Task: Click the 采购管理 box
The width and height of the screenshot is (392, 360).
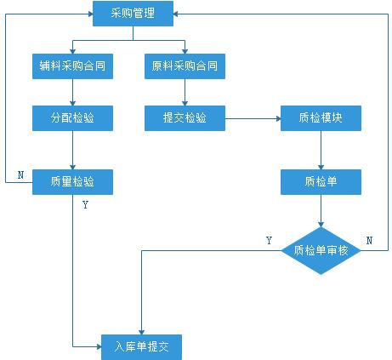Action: pyautogui.click(x=133, y=14)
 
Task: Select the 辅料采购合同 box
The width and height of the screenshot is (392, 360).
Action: pyautogui.click(x=72, y=66)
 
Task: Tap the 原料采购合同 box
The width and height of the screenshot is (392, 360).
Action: pyautogui.click(x=185, y=66)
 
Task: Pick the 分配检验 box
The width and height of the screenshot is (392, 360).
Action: pyautogui.click(x=72, y=118)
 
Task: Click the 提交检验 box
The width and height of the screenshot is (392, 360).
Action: pyautogui.click(x=185, y=118)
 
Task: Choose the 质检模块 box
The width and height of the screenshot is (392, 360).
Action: pyautogui.click(x=321, y=118)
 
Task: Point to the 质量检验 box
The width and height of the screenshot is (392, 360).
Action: pyautogui.click(x=72, y=182)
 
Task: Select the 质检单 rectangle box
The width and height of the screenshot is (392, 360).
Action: pyautogui.click(x=321, y=182)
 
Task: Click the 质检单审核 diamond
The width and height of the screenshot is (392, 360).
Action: pyautogui.click(x=321, y=251)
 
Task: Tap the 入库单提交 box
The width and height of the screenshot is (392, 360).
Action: pyautogui.click(x=141, y=347)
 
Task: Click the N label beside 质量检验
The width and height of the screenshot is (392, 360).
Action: pyautogui.click(x=20, y=175)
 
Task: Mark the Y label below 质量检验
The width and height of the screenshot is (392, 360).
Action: pyautogui.click(x=86, y=204)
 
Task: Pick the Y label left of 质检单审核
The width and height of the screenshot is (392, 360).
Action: pyautogui.click(x=269, y=241)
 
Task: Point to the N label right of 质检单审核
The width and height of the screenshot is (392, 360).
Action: pyautogui.click(x=369, y=241)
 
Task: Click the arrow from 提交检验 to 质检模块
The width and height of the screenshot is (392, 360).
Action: pyautogui.click(x=253, y=118)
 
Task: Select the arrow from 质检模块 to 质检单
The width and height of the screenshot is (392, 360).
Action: pyautogui.click(x=321, y=151)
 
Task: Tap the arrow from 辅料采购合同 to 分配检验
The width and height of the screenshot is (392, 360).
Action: pyautogui.click(x=72, y=93)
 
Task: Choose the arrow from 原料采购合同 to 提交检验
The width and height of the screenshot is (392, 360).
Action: pyautogui.click(x=185, y=93)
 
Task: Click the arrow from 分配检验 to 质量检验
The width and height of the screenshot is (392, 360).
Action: pyautogui.click(x=72, y=151)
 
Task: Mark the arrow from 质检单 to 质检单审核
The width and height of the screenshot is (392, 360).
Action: pyautogui.click(x=321, y=211)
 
